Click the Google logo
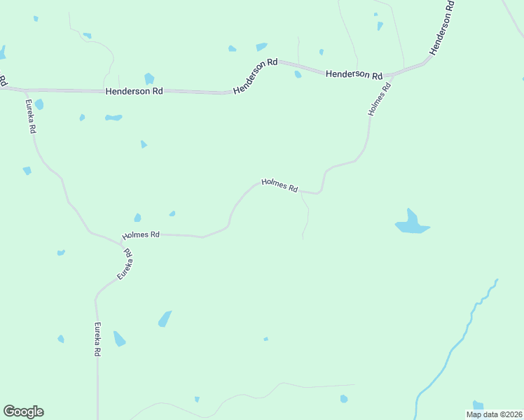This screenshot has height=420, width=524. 23,412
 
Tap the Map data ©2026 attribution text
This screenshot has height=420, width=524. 494,414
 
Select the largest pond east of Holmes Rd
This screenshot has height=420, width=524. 412,223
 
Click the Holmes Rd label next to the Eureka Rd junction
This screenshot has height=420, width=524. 141,235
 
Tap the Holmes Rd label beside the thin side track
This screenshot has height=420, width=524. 280,185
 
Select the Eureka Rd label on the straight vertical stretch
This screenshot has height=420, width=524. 98,339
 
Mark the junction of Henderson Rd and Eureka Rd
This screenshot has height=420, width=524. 25,90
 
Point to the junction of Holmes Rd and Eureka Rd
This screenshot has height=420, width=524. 120,242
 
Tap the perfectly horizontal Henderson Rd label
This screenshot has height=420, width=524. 135,91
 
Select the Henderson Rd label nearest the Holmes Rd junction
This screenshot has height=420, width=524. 354,73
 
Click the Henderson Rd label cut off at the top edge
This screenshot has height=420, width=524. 443,28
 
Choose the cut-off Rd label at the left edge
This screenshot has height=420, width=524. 4,80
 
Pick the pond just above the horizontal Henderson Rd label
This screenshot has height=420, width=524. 149,78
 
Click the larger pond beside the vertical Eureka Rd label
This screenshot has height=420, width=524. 119,339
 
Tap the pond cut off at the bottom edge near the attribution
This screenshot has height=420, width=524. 478,405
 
